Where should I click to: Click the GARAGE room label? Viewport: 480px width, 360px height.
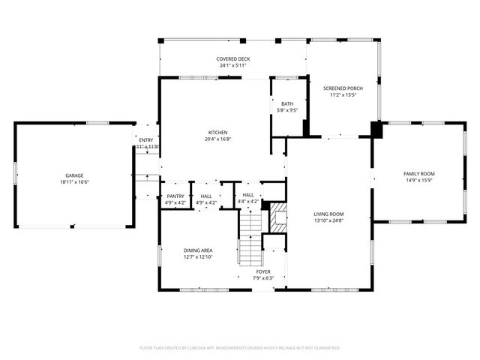click(x=73, y=175)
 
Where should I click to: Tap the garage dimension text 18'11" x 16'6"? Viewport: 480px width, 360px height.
click(x=73, y=182)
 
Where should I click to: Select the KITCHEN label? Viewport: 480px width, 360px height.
click(x=217, y=132)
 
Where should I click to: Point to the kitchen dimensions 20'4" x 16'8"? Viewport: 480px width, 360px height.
click(x=217, y=139)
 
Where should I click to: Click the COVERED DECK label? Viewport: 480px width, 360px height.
click(x=233, y=58)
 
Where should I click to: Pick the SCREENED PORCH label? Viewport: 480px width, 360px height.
click(x=343, y=88)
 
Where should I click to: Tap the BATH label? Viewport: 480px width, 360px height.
click(x=287, y=103)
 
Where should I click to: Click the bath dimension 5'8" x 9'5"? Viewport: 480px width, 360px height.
click(x=287, y=110)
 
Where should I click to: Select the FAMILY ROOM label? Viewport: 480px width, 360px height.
click(x=419, y=173)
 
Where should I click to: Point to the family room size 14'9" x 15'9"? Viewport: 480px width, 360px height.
click(x=419, y=180)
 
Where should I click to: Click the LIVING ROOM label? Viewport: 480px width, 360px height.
click(x=328, y=214)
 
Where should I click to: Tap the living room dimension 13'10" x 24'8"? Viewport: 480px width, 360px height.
click(x=328, y=221)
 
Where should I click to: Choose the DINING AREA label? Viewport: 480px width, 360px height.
click(x=199, y=250)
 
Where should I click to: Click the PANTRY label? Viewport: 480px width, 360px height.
click(x=175, y=196)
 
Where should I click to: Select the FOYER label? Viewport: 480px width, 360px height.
click(x=263, y=271)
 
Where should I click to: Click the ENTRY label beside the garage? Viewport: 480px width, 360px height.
click(x=145, y=139)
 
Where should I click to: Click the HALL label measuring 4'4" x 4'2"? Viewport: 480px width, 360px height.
click(x=247, y=195)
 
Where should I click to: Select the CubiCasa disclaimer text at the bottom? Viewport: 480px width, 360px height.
click(x=240, y=348)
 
